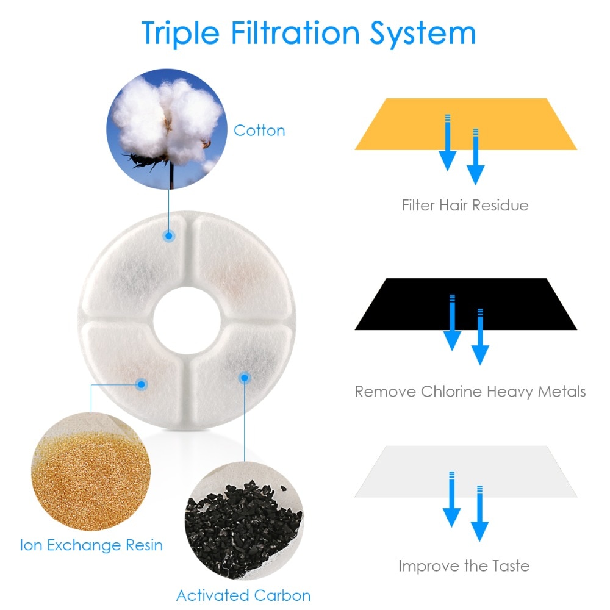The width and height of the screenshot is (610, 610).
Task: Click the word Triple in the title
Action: tap(181, 33)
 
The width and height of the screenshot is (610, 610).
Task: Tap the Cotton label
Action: tap(259, 131)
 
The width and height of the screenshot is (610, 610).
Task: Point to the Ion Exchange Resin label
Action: tap(91, 544)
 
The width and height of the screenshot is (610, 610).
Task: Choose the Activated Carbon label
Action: tap(243, 595)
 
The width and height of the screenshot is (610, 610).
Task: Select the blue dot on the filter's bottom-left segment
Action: tap(142, 384)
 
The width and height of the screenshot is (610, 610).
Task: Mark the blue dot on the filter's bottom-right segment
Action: tap(244, 379)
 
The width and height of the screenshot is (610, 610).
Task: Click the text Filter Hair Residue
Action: tap(465, 205)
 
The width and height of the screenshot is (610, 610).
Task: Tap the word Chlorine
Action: tap(451, 391)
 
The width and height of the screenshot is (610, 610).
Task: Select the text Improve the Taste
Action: tap(464, 565)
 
